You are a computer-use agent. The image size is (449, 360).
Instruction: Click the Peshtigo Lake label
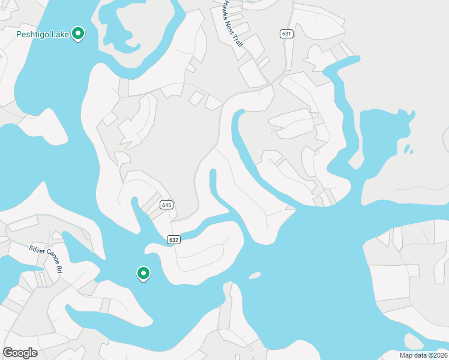pos(43,34)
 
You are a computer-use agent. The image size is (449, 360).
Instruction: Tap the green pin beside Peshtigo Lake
pos(77,34)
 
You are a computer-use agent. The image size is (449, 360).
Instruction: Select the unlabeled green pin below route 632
pos(143,273)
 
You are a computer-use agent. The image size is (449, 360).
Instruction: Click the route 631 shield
pos(286,34)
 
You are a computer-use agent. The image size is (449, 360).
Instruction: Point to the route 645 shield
pos(166,205)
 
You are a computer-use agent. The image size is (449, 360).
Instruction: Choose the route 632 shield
pos(174,239)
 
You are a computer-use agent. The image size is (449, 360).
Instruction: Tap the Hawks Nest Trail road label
pos(232,24)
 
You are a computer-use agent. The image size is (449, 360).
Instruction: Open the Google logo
pos(20,353)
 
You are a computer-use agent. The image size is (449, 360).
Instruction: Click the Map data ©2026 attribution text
pos(422,355)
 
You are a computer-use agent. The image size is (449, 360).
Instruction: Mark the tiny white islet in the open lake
pos(255,276)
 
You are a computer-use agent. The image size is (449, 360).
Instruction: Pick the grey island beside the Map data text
pos(413,341)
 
